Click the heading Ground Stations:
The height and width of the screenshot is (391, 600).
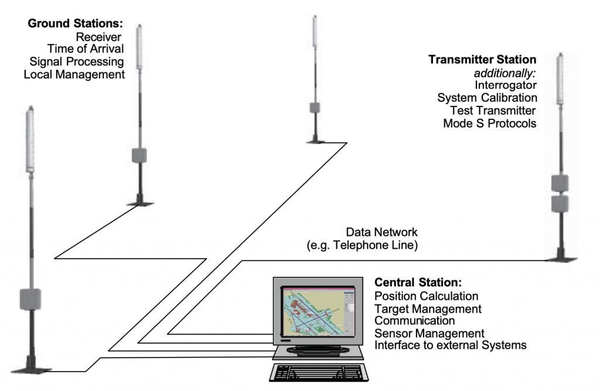tap(75, 25)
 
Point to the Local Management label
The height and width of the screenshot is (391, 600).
tap(74, 75)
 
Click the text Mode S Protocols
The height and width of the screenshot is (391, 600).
tap(489, 124)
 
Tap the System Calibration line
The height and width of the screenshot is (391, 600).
tap(487, 98)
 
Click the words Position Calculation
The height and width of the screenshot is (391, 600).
tap(426, 296)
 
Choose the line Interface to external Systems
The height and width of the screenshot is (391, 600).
tap(450, 345)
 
